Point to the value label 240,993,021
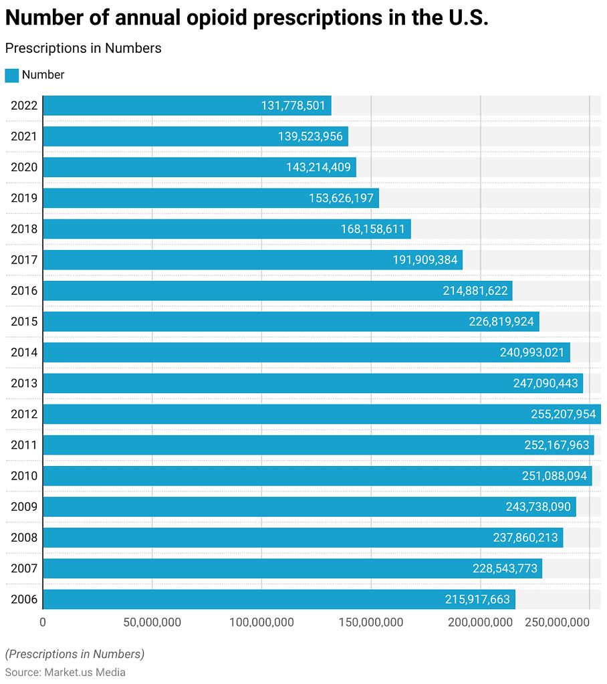pos(532,352)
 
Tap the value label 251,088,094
pos(554,476)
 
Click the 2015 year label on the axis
pos(24,322)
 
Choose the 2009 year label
pos(24,507)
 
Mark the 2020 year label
pos(24,167)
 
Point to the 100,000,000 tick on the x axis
pos(261,622)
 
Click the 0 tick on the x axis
pos(43,622)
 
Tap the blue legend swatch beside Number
pos(11,76)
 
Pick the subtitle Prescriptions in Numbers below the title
pos(83,48)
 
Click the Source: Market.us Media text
pos(66,672)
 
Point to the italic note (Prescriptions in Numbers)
pos(74,654)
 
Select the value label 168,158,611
pos(372,229)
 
